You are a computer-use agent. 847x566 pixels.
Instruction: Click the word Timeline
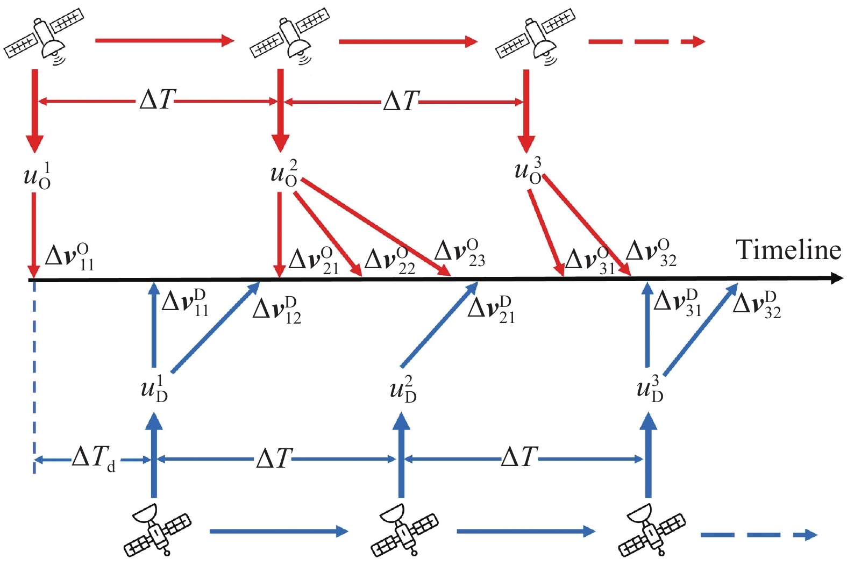click(788, 250)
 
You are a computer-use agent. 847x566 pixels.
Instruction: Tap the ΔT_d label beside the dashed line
click(94, 459)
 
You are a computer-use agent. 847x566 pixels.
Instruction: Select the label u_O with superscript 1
click(38, 176)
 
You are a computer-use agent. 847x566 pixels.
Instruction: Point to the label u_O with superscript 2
click(284, 173)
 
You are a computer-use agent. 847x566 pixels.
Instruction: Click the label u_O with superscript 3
click(528, 171)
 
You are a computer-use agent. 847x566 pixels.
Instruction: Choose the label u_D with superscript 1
click(154, 389)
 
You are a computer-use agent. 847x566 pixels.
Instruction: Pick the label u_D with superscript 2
click(403, 390)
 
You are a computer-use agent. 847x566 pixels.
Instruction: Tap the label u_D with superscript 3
click(650, 390)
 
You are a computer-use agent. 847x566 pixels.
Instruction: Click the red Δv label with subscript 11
click(70, 256)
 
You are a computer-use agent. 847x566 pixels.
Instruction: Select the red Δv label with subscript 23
click(460, 253)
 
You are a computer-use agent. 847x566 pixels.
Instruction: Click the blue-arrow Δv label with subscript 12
click(277, 310)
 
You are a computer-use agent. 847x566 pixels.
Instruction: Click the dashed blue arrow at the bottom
click(758, 534)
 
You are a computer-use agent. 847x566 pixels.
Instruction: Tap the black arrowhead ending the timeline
click(837, 278)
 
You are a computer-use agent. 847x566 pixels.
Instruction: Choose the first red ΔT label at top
click(158, 100)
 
